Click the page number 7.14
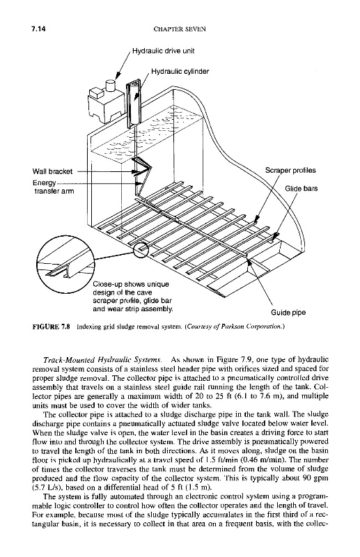[x=39, y=29]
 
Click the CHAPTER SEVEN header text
[x=180, y=29]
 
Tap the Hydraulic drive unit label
[x=164, y=51]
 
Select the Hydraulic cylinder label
[x=180, y=72]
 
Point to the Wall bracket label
[x=52, y=171]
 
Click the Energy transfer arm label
[x=54, y=187]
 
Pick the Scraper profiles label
[x=290, y=170]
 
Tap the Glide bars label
[x=302, y=189]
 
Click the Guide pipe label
[x=288, y=313]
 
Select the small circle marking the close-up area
[x=141, y=250]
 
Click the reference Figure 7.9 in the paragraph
[x=224, y=359]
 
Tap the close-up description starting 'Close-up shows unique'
[x=133, y=297]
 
